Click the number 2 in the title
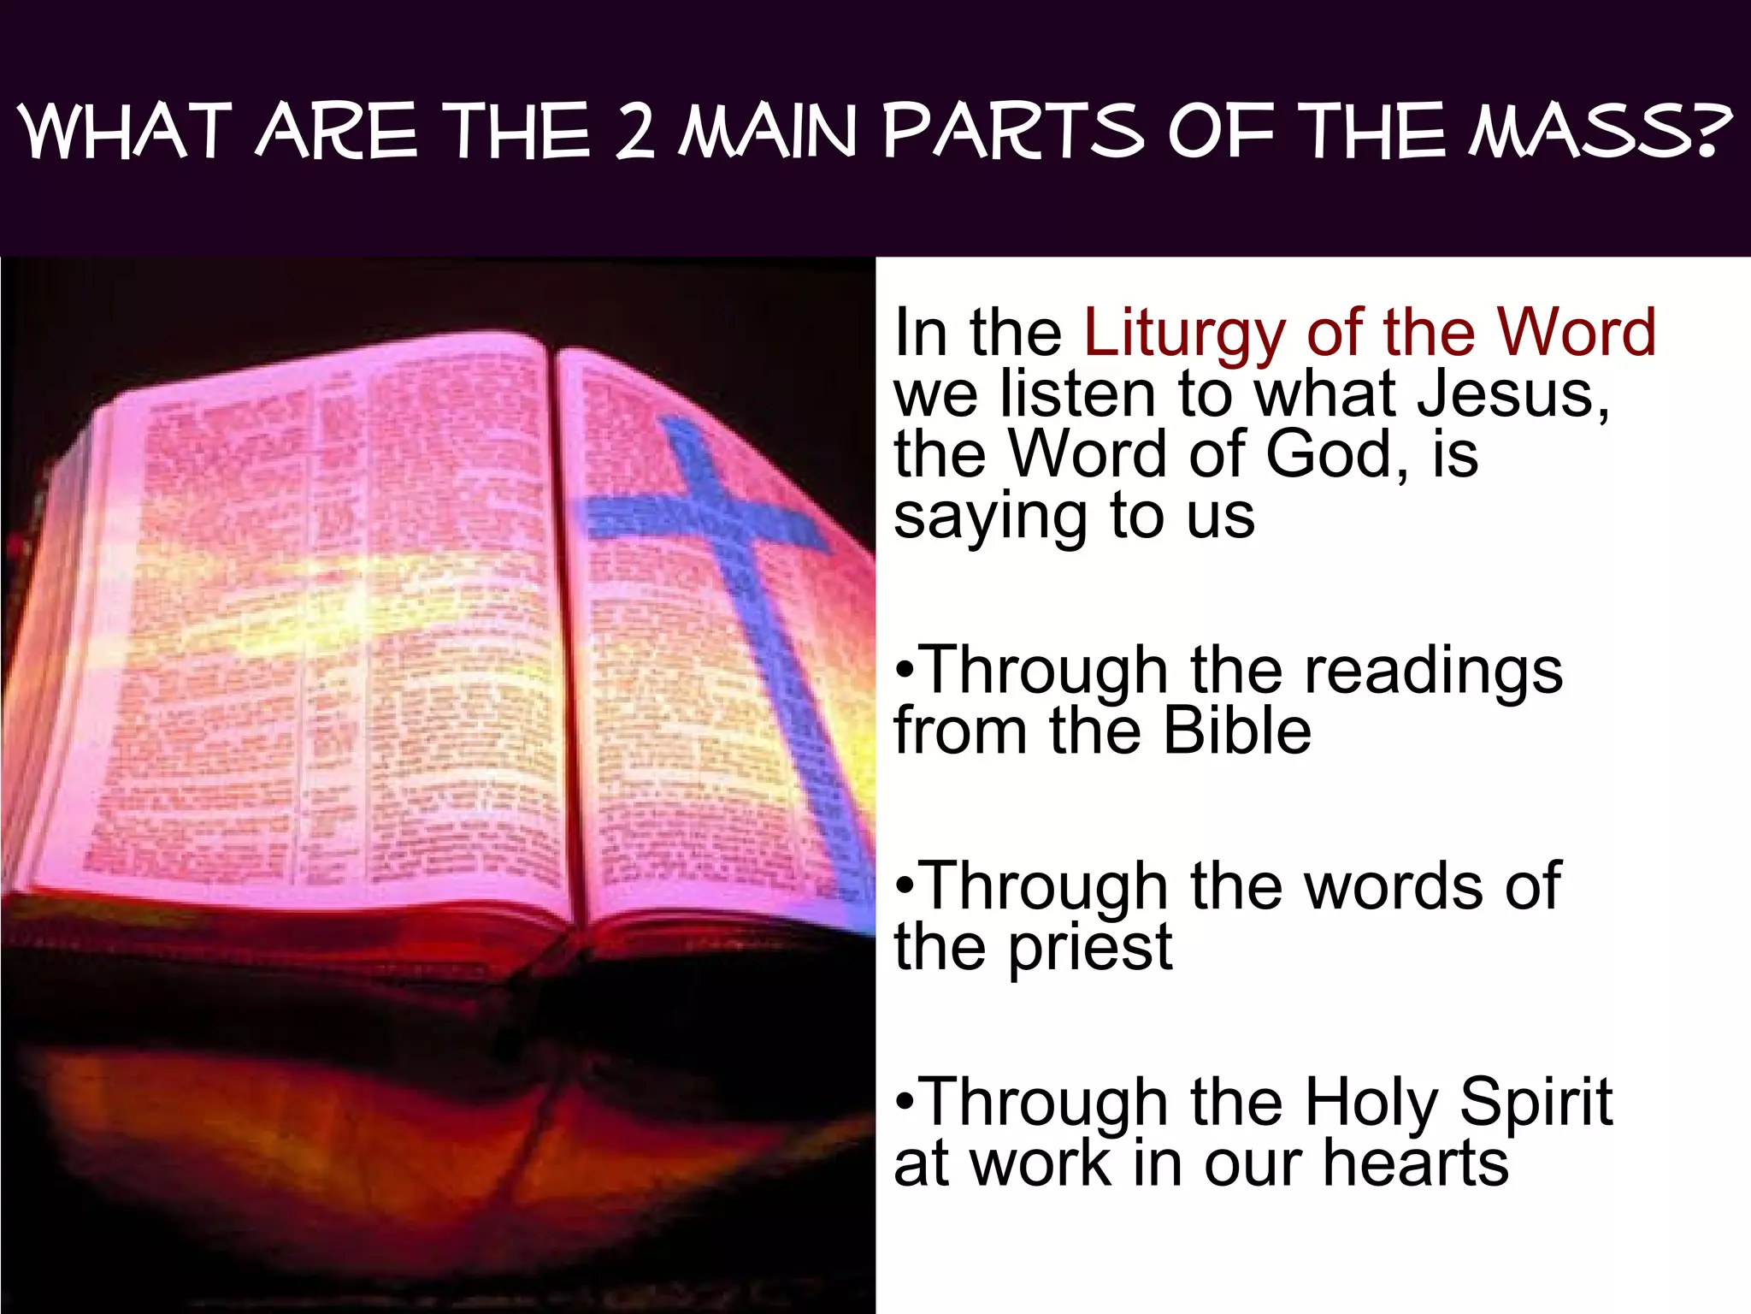click(634, 133)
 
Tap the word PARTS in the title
click(1013, 133)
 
